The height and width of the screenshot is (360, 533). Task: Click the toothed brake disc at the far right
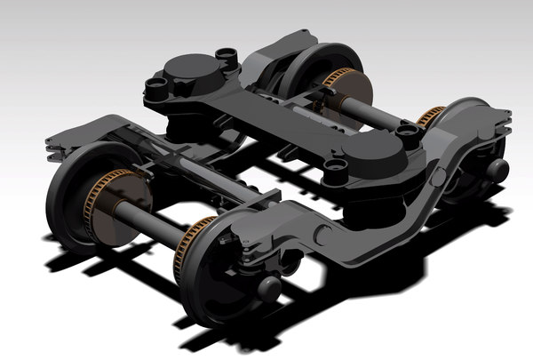click(x=430, y=116)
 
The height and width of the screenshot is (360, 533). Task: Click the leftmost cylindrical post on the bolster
click(x=158, y=87)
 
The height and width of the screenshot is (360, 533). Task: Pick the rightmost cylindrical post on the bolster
click(x=408, y=134)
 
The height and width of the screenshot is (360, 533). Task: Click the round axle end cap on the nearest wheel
click(x=268, y=287)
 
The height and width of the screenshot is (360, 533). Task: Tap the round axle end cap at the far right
click(x=497, y=169)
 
